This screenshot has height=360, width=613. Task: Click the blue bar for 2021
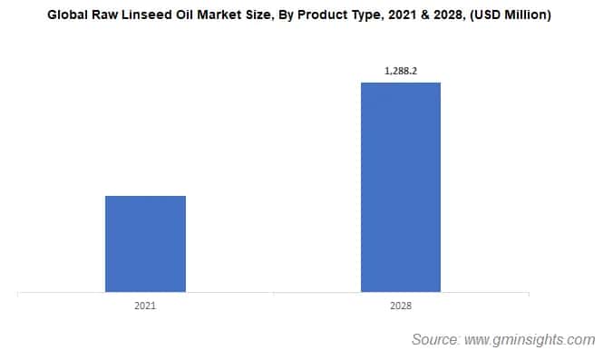pos(145,244)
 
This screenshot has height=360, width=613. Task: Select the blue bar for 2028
pos(401,188)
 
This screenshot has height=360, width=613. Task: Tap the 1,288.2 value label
pos(401,67)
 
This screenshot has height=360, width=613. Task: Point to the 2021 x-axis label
pos(145,306)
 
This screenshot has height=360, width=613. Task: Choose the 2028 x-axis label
pos(401,306)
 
